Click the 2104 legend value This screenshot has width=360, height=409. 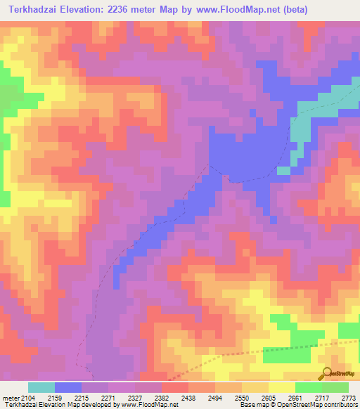(x=28, y=398)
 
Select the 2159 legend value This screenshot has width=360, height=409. (x=55, y=398)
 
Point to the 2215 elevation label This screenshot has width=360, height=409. (x=82, y=398)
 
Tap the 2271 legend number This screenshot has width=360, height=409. (x=108, y=398)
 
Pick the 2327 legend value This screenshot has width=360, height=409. (x=134, y=398)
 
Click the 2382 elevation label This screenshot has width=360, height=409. (x=161, y=398)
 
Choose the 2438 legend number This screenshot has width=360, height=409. (x=188, y=398)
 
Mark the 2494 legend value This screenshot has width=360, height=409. (x=214, y=398)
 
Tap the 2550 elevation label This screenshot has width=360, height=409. (x=241, y=398)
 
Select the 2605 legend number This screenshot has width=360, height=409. (x=267, y=398)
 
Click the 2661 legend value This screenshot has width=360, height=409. (x=294, y=398)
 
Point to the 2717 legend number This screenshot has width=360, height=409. (x=321, y=398)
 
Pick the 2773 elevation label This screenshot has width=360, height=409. (x=347, y=398)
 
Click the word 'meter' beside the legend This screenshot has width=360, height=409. (x=11, y=398)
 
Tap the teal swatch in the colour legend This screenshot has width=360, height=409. (x=41, y=387)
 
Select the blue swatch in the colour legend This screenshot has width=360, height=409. (x=68, y=387)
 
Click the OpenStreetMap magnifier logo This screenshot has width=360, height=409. (x=327, y=374)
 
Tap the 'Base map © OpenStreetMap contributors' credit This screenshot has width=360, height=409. (x=297, y=405)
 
